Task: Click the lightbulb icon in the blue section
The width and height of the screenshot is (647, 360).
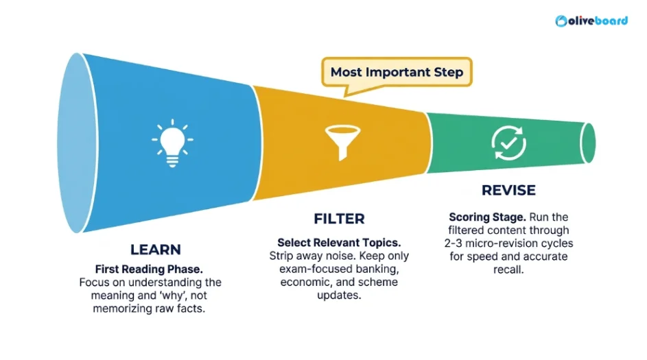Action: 172,143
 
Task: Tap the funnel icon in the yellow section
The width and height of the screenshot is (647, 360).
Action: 342,142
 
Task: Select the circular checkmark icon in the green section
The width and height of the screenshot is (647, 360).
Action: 509,143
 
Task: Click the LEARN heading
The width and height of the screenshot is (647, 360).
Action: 156,250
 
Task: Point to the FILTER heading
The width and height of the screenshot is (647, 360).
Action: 339,219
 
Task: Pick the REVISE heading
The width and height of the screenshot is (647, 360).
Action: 509,190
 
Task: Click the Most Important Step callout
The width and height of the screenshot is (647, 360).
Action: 397,73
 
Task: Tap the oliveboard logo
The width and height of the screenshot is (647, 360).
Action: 591,21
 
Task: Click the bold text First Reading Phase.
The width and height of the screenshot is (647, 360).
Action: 149,269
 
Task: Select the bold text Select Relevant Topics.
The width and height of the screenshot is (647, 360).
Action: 339,243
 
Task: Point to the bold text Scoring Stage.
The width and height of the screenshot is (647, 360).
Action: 487,217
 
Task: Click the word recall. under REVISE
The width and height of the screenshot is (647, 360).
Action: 509,269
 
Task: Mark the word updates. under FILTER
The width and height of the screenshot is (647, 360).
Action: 339,296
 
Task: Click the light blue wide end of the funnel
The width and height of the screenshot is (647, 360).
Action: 76,143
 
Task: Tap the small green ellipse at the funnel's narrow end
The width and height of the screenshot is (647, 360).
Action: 588,143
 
